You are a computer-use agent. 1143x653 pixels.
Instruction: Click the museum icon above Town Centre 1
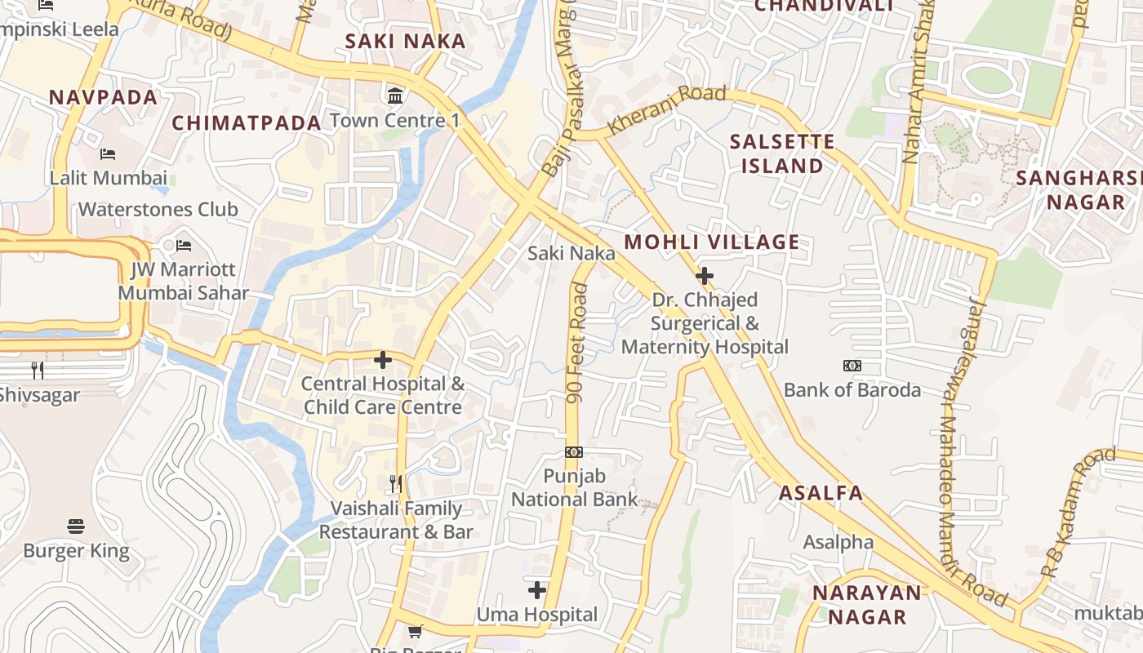point(395,96)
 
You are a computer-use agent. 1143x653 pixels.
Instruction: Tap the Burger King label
point(76,551)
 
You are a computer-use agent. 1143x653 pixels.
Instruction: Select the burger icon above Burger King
point(76,526)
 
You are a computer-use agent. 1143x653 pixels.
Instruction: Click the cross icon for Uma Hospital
point(537,589)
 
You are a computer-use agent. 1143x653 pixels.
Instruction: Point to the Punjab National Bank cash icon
point(574,451)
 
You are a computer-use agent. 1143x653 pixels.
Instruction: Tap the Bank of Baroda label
point(852,390)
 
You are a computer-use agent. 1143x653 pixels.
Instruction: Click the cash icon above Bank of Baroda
point(852,366)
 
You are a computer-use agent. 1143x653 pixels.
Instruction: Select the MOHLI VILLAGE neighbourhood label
point(712,242)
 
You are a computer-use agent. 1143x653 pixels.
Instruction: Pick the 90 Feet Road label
point(577,343)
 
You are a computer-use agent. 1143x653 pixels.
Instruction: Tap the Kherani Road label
point(667,109)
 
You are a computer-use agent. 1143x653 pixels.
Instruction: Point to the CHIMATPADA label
point(247,123)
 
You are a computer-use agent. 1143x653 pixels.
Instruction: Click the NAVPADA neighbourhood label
point(103,98)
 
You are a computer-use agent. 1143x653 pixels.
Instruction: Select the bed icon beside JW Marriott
point(184,245)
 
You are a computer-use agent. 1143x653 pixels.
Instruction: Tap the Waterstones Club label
point(158,209)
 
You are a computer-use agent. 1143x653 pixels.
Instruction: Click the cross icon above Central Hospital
point(382,359)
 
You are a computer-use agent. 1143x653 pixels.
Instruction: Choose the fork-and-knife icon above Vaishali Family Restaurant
point(396,484)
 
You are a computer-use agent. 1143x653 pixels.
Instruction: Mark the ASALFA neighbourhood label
point(821,493)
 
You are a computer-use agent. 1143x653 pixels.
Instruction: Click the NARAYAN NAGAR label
point(867,605)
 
